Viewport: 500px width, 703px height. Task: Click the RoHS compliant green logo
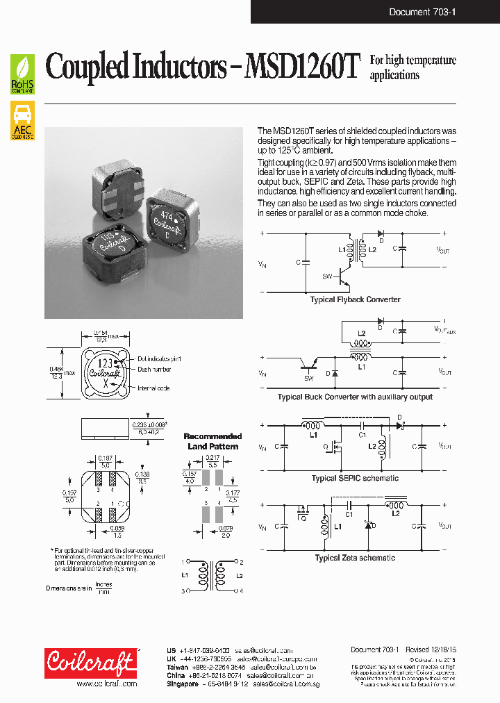tap(23, 75)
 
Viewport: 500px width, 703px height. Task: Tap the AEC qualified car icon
tap(23, 120)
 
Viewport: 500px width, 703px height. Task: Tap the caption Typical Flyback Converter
tap(355, 299)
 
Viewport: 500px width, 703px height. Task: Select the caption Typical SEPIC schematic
tap(355, 478)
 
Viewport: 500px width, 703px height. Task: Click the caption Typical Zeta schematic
tap(355, 558)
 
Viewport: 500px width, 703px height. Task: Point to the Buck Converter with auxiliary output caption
tap(355, 397)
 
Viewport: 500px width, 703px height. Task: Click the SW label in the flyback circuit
tap(327, 276)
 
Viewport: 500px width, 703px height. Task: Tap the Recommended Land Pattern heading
tap(212, 441)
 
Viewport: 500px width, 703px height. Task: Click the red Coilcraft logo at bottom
tap(90, 663)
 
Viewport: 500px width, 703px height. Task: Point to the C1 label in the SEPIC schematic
tap(362, 435)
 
